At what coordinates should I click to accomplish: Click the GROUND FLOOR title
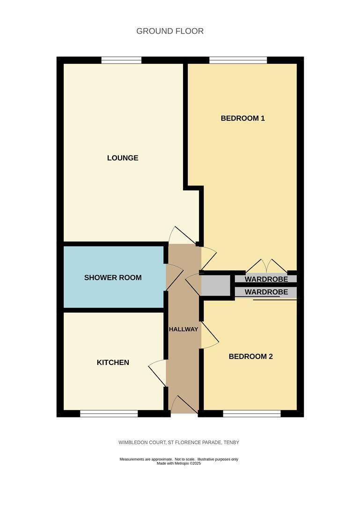pyautogui.click(x=170, y=31)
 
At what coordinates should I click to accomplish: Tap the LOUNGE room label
pyautogui.click(x=123, y=158)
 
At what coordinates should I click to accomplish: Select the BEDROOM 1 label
pyautogui.click(x=242, y=118)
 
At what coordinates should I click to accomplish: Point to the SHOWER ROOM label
pyautogui.click(x=113, y=277)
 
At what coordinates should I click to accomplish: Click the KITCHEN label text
pyautogui.click(x=113, y=362)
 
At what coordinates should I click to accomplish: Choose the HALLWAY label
pyautogui.click(x=183, y=329)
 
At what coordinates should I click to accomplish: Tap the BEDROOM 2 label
pyautogui.click(x=250, y=356)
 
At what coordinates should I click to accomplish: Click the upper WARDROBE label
pyautogui.click(x=266, y=279)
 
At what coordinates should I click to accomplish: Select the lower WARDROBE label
pyautogui.click(x=266, y=292)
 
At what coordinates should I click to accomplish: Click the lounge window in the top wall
pyautogui.click(x=121, y=60)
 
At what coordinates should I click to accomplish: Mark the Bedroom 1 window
pyautogui.click(x=238, y=60)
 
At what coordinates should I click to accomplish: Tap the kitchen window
pyautogui.click(x=109, y=413)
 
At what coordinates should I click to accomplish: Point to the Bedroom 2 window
pyautogui.click(x=252, y=413)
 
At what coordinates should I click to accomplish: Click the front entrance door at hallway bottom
pyautogui.click(x=184, y=405)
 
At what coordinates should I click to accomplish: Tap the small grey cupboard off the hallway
pyautogui.click(x=215, y=285)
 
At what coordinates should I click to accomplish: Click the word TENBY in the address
pyautogui.click(x=231, y=442)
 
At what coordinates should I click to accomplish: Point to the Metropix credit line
pyautogui.click(x=179, y=463)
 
